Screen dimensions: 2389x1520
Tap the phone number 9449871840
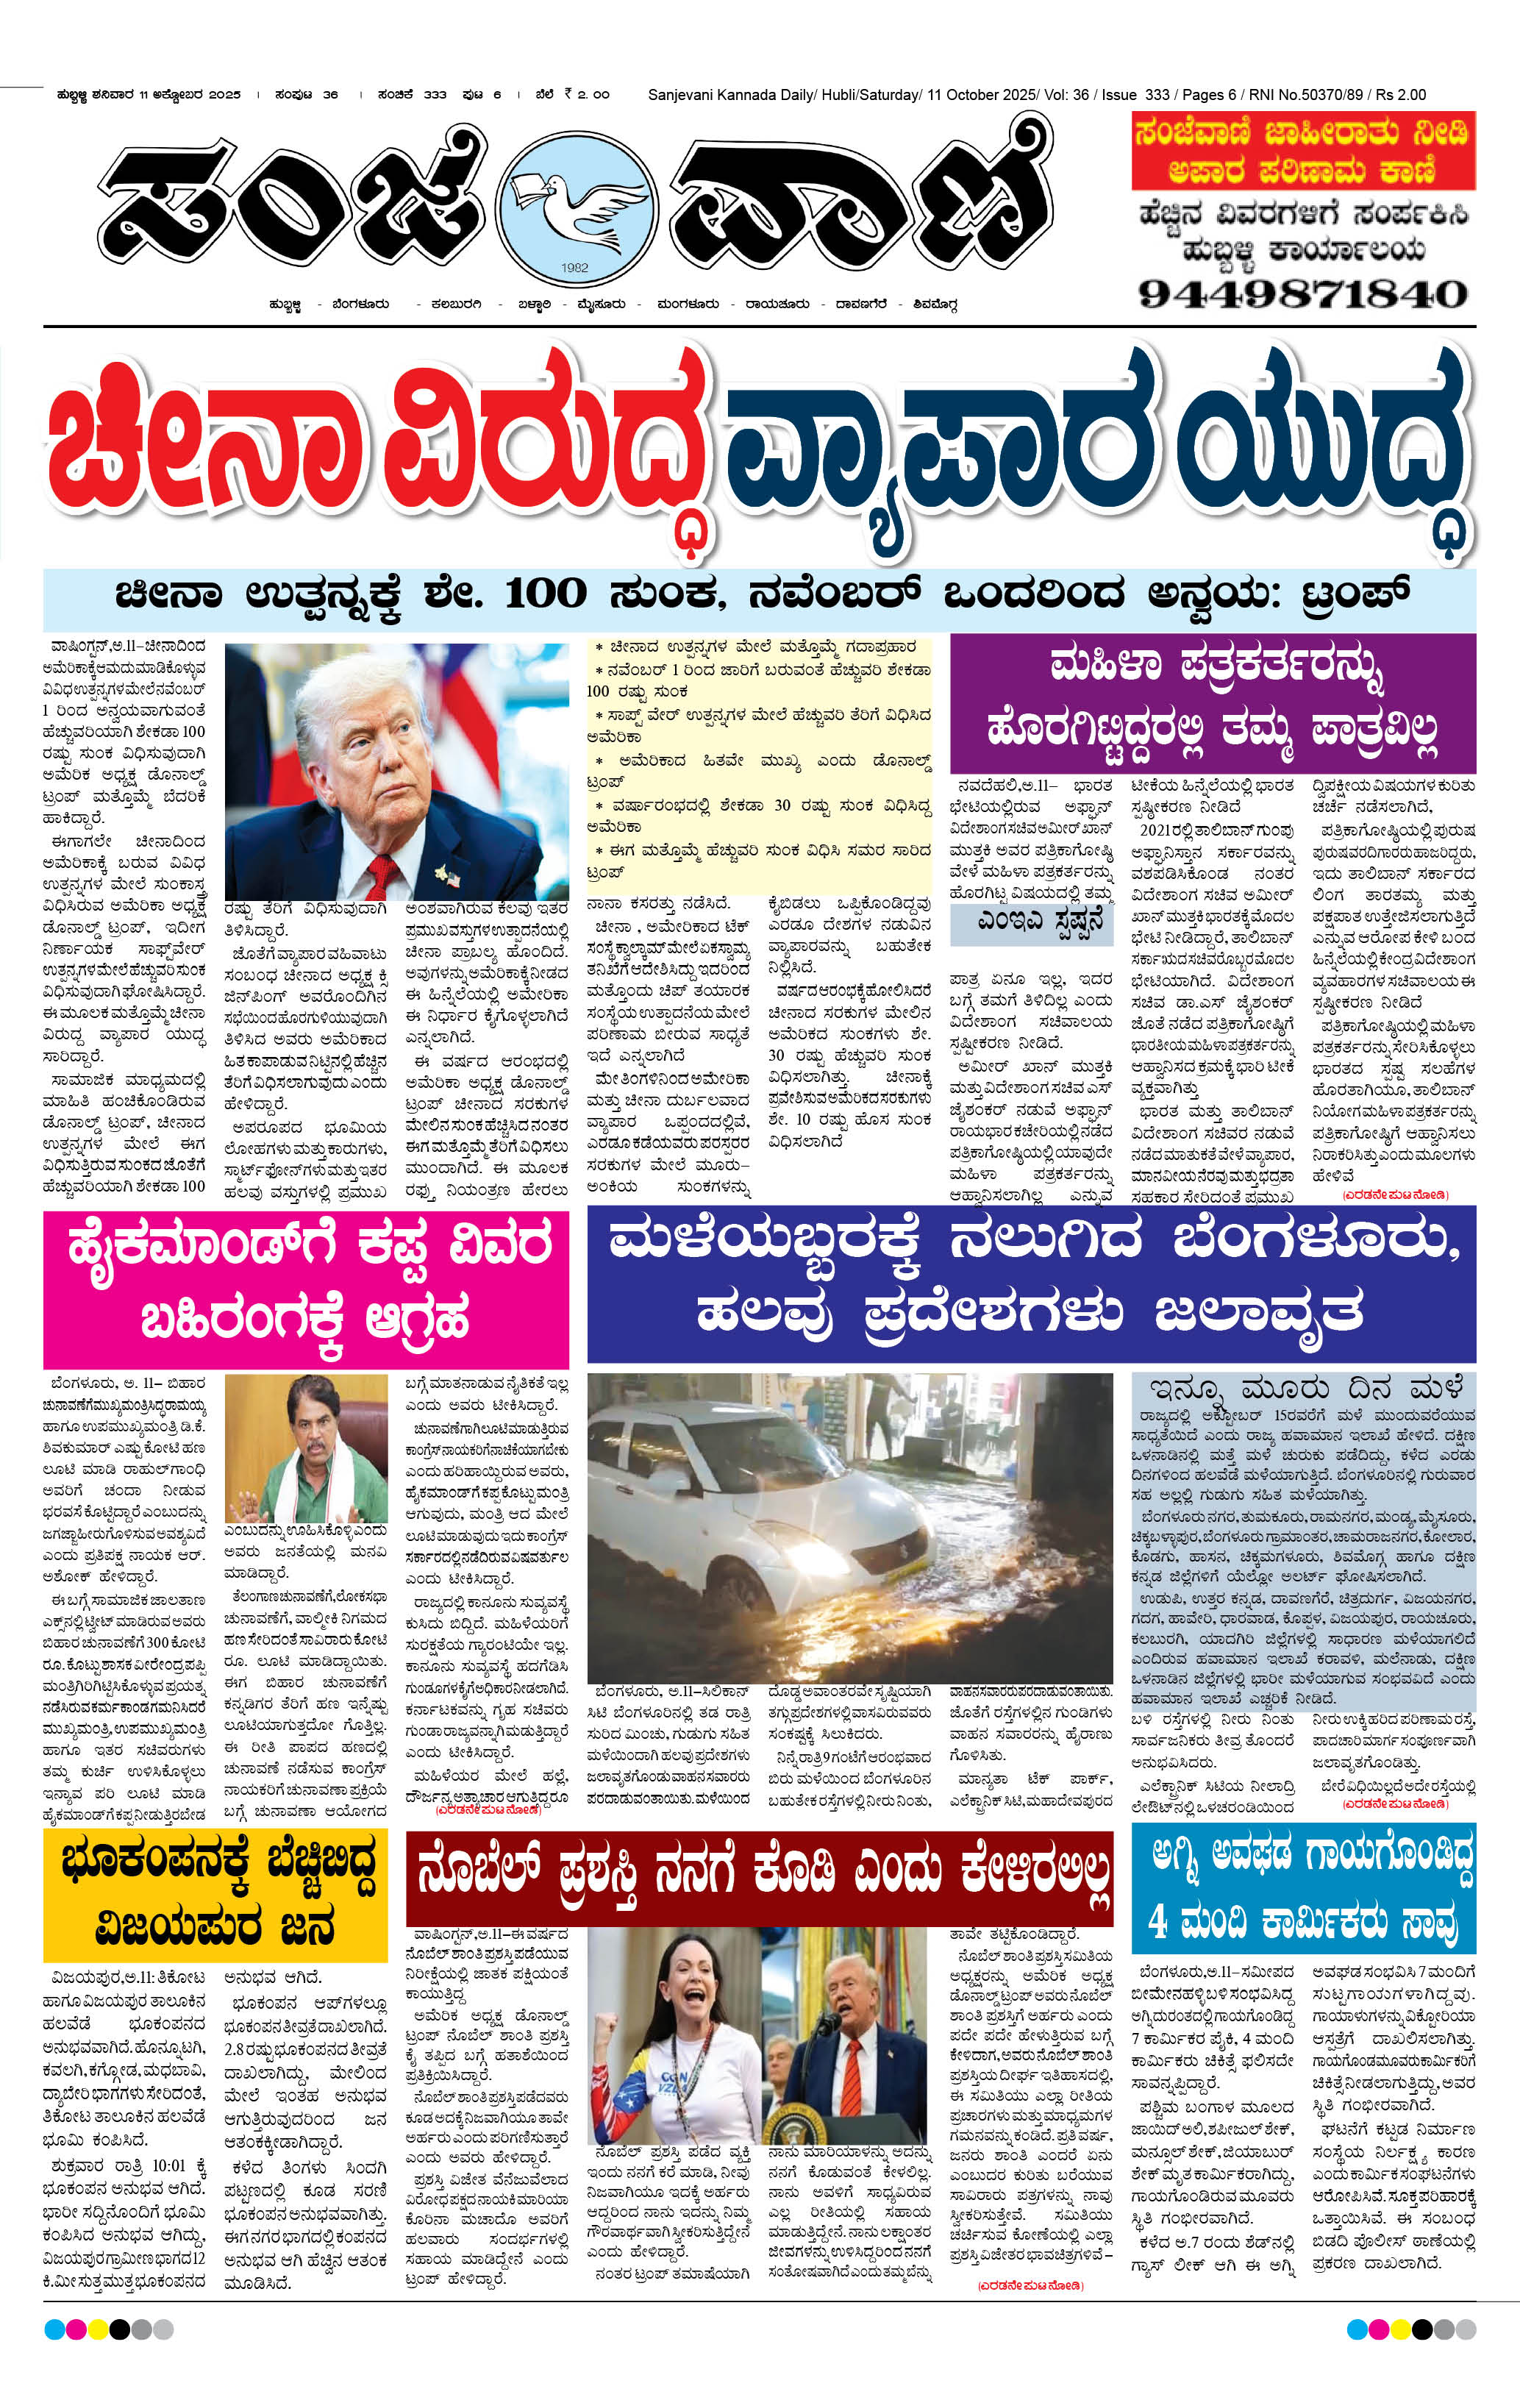coord(1302,293)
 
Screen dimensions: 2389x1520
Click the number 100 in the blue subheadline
coord(546,594)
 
